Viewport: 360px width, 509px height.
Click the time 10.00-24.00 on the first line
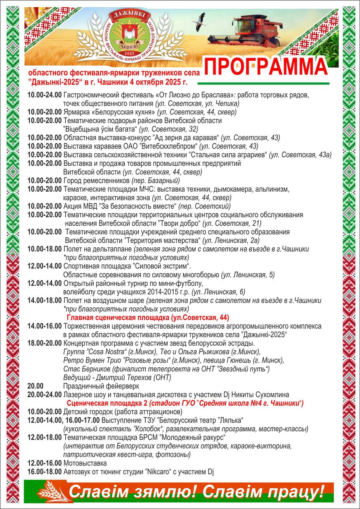tap(44, 95)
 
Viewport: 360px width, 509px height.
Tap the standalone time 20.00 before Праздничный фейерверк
tap(35, 386)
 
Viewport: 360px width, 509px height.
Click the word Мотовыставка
tap(85, 463)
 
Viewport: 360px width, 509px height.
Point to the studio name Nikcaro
tap(158, 472)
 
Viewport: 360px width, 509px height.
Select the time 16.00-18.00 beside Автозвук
tap(44, 472)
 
